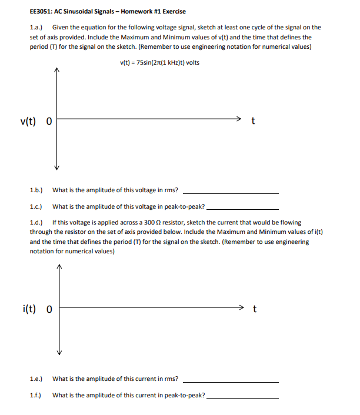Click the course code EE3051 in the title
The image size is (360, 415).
[x=42, y=12]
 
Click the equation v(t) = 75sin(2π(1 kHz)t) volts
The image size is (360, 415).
[x=159, y=63]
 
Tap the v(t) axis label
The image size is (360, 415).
[x=28, y=122]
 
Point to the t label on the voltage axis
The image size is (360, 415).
[x=253, y=122]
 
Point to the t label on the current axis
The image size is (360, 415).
[x=254, y=308]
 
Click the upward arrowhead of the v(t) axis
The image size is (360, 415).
[x=57, y=72]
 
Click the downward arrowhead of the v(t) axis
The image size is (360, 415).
[x=57, y=168]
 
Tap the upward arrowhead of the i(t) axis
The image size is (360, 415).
[x=59, y=266]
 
